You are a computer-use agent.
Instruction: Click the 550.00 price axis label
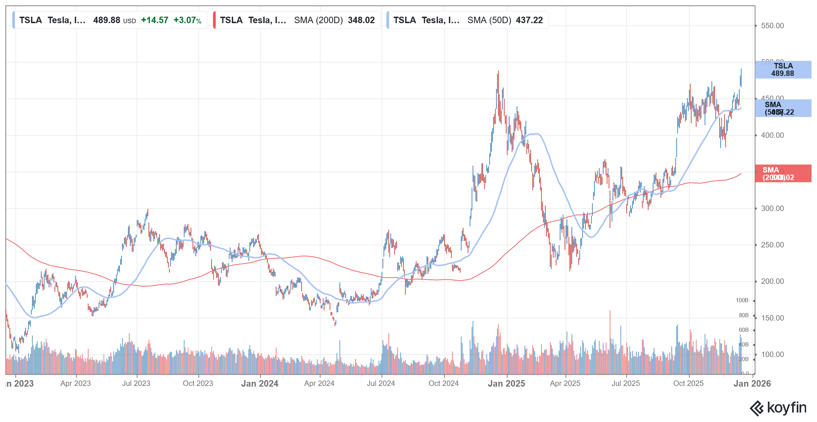[772, 26]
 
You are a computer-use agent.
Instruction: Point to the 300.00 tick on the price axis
[772, 208]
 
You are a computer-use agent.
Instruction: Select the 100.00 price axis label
[772, 354]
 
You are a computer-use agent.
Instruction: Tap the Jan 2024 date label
[260, 384]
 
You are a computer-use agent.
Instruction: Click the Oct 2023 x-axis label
[198, 384]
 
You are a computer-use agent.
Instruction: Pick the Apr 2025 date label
[565, 384]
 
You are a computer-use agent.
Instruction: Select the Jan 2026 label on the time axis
[752, 384]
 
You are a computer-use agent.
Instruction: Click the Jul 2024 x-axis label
[381, 384]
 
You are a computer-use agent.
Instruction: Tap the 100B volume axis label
[742, 300]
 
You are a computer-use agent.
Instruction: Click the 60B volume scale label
[743, 330]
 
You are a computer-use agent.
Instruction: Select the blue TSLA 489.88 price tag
[783, 70]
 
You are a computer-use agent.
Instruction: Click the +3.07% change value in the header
[187, 20]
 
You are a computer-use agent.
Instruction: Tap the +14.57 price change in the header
[155, 20]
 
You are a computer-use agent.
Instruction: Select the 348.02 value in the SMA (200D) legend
[361, 20]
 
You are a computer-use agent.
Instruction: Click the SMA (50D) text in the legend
[489, 20]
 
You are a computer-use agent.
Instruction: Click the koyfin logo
[778, 408]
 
